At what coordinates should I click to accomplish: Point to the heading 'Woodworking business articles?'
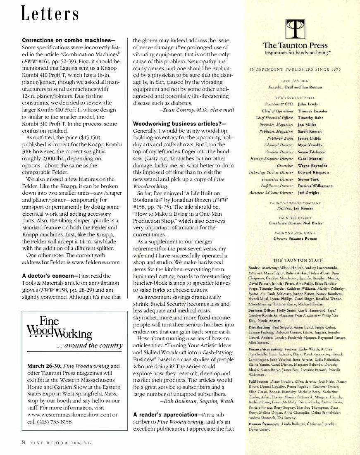pos(179,123)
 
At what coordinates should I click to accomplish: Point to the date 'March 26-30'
pos(44,366)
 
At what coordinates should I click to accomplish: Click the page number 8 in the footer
pos(24,442)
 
